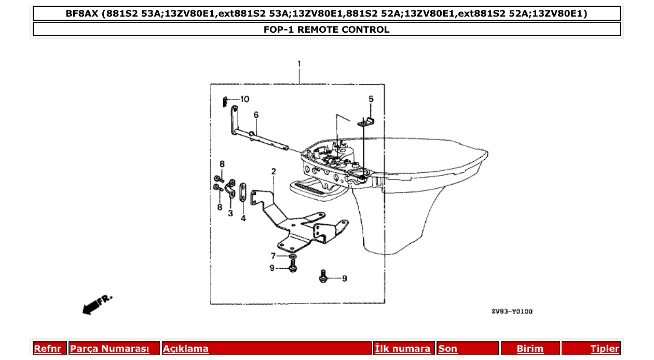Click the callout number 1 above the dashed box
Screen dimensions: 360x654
click(x=299, y=64)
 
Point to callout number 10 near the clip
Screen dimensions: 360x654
click(x=244, y=99)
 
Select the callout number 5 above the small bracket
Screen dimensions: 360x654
click(x=371, y=99)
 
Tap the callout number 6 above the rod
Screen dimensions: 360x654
click(x=256, y=115)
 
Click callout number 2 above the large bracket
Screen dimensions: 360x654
click(x=273, y=171)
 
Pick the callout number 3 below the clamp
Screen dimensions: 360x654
click(x=230, y=213)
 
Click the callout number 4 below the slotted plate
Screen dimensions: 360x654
click(x=243, y=218)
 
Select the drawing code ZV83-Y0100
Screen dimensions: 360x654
click(x=512, y=311)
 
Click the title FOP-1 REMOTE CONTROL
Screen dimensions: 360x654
click(x=326, y=30)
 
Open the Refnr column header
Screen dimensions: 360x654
click(x=47, y=349)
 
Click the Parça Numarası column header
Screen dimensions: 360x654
click(x=110, y=349)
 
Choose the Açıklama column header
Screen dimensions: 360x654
click(x=186, y=349)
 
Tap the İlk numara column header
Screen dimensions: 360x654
click(x=403, y=349)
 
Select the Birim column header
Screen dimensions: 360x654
click(x=530, y=349)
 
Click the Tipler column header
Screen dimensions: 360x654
click(x=605, y=349)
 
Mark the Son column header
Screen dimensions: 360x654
click(x=448, y=349)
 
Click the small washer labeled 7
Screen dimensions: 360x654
click(x=292, y=257)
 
